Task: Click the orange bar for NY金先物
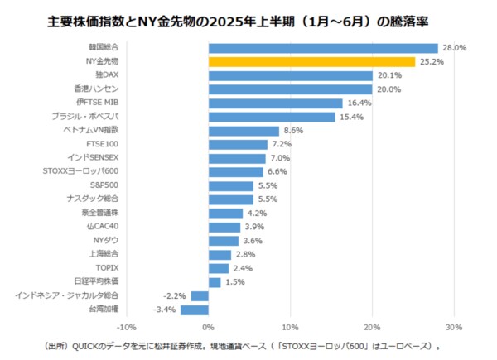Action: pyautogui.click(x=311, y=61)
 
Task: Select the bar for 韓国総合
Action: pyautogui.click(x=323, y=48)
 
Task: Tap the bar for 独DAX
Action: pyautogui.click(x=291, y=75)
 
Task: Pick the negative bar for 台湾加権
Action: pyautogui.click(x=195, y=310)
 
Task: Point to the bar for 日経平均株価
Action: pyautogui.click(x=215, y=282)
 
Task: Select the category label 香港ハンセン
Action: pyautogui.click(x=97, y=89)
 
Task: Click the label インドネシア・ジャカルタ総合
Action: pyautogui.click(x=69, y=295)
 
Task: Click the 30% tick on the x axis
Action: pyautogui.click(x=453, y=327)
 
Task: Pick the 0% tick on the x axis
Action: pyautogui.click(x=209, y=327)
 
